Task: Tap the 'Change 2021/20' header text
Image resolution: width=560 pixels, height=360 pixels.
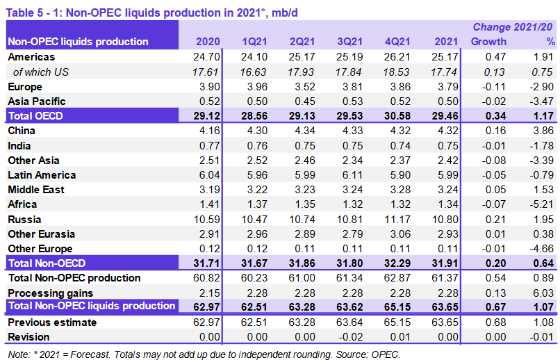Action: point(513,27)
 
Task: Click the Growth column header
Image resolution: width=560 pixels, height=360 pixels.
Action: point(489,42)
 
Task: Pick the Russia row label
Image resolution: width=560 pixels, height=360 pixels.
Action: point(24,220)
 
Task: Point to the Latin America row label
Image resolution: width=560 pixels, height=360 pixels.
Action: point(42,175)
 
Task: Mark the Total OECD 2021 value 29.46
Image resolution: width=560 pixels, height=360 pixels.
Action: point(442,116)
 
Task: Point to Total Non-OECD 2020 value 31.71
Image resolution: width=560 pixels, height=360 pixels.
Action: point(206,263)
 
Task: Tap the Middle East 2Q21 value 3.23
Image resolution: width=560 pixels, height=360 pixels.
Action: point(301,190)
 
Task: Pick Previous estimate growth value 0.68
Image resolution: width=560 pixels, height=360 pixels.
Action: point(495,322)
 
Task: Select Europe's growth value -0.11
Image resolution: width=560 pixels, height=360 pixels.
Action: point(493,87)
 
